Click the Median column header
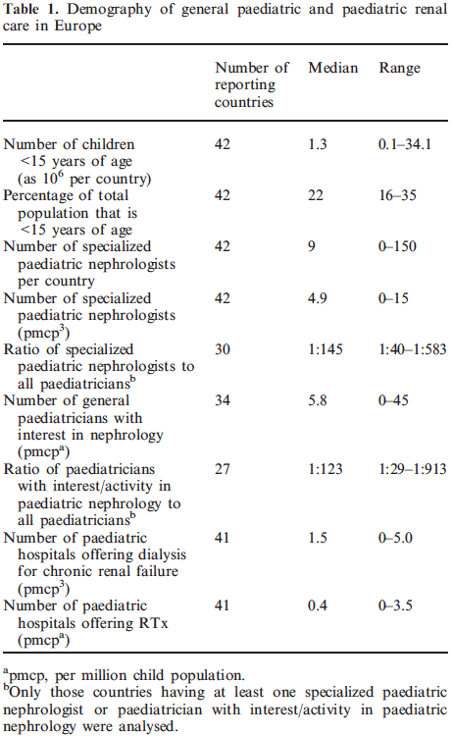coord(333,68)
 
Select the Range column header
coord(399,69)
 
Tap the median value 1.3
coord(318,144)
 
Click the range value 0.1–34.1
coord(405,144)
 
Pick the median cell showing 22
coord(316,195)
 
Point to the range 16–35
coord(398,195)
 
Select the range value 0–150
coord(398,246)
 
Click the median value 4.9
coord(318,298)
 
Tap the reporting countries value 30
coord(223,349)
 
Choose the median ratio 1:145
coord(326,349)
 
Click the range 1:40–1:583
coord(413,349)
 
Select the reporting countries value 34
coord(223,400)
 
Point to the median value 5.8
coord(318,400)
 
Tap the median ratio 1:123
coord(326,469)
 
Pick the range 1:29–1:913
coord(413,469)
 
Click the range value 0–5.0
coord(396,538)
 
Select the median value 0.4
coord(318,606)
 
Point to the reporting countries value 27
coord(223,469)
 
